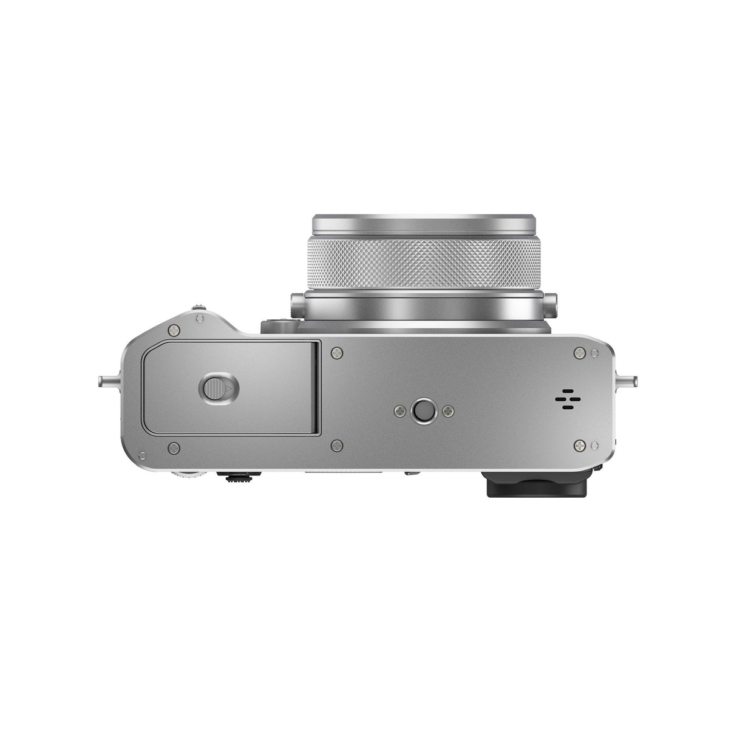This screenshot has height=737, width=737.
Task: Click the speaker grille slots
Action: (x=566, y=399)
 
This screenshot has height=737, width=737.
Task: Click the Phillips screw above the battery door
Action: (x=175, y=330)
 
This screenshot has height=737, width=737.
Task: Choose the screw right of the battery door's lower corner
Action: (x=336, y=447)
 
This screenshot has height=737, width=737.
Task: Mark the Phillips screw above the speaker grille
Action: (x=580, y=352)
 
